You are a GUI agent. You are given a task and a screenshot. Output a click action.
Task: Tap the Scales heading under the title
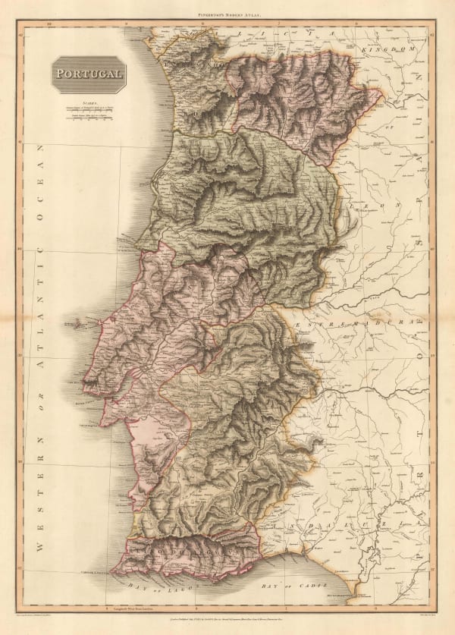(89, 105)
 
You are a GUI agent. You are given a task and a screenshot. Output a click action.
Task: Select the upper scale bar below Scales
(89, 112)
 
